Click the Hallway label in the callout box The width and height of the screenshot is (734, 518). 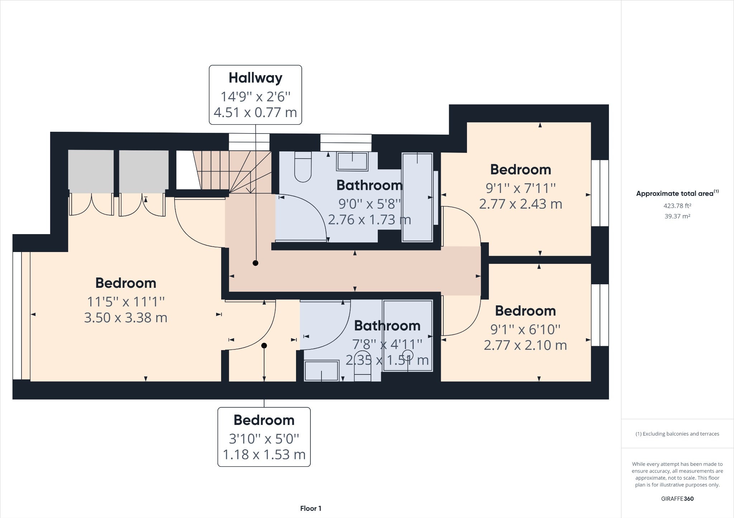coord(256,78)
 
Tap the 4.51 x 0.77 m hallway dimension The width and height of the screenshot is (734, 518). coord(256,112)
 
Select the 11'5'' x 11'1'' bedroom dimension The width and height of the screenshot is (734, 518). coord(126,302)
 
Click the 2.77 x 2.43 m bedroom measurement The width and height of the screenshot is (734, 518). coord(520,204)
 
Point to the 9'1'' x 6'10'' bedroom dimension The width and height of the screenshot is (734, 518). coord(525,329)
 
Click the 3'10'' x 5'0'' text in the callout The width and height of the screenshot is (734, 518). coord(264,439)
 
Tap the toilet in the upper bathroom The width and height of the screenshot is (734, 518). coord(303,167)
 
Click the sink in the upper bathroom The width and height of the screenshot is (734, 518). coord(352,161)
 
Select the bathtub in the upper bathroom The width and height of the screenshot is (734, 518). coord(417,197)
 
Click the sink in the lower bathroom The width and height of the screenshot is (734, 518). coord(321,371)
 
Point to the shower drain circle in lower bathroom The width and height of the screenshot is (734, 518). coord(408,355)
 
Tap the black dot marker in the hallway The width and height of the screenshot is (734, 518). coord(256,263)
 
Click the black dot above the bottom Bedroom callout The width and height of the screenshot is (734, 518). coord(264,346)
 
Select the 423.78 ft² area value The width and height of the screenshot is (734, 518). coord(677,206)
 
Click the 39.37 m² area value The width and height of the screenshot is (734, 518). coord(677,216)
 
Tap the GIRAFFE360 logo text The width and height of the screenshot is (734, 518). coord(677,499)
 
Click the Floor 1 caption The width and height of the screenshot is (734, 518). coord(311,508)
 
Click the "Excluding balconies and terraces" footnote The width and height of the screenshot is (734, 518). coord(677,434)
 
